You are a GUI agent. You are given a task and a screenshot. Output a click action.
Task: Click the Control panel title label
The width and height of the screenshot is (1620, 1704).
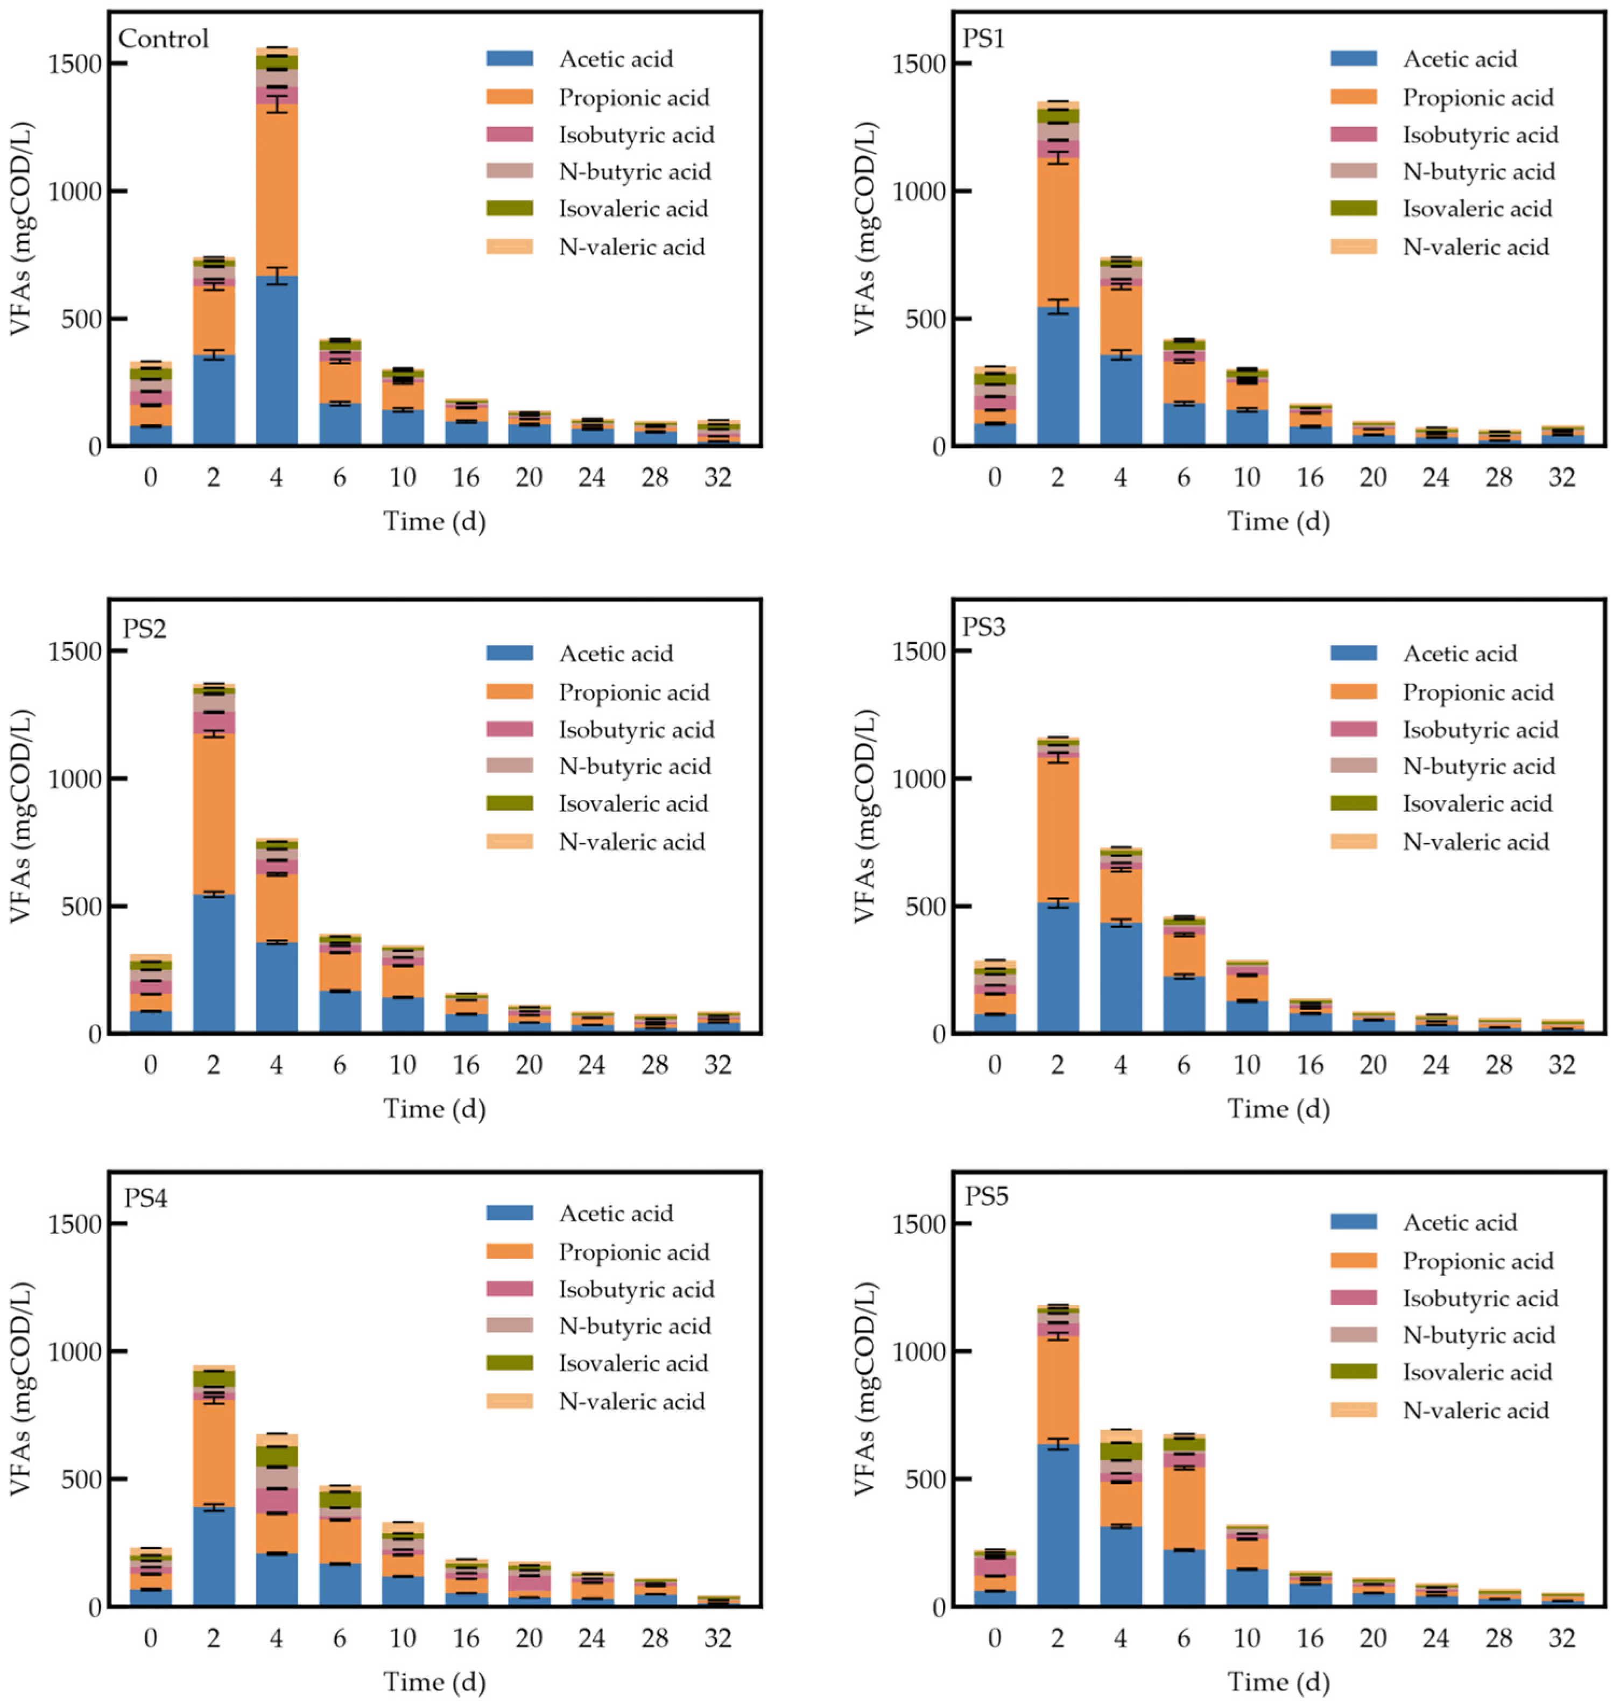163,39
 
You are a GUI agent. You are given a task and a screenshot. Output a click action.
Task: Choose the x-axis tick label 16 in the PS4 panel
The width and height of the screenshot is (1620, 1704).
466,1638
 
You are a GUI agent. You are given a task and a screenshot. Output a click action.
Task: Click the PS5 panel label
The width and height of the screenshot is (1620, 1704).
986,1197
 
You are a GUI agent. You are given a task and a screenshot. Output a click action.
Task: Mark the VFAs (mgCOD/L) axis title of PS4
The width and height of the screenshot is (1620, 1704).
21,1389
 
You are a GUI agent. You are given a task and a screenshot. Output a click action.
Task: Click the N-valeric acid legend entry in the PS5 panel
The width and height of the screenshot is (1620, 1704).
1476,1411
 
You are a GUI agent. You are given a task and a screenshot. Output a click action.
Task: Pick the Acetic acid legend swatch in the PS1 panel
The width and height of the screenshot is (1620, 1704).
1353,59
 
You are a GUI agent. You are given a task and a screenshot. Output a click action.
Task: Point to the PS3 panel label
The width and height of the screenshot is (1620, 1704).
984,627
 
